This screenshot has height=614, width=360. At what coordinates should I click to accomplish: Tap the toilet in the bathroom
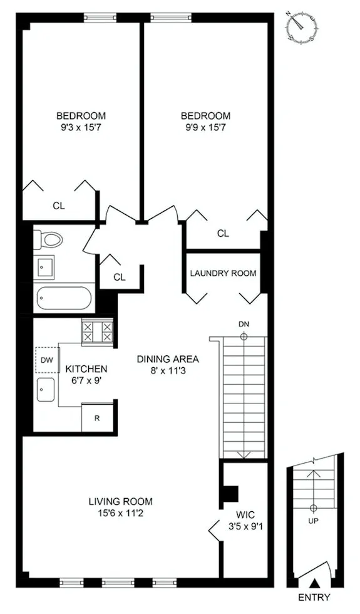[49, 239]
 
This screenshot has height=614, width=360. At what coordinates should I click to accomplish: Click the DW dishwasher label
[46, 360]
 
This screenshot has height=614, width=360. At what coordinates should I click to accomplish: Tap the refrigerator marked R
[97, 419]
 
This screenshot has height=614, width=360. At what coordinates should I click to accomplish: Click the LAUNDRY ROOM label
[223, 273]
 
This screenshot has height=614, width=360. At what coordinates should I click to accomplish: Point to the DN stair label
[244, 324]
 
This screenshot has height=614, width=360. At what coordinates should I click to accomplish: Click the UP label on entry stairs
[313, 521]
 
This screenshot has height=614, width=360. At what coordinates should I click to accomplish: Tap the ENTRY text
[314, 597]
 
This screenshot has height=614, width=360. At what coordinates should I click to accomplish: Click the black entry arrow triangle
[316, 583]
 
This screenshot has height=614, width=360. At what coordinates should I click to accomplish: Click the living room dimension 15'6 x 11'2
[120, 513]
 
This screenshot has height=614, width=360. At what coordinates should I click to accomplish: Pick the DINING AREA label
[168, 359]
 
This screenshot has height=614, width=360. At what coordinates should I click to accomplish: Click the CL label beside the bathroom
[120, 276]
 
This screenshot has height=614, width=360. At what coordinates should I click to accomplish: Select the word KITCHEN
[86, 369]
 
